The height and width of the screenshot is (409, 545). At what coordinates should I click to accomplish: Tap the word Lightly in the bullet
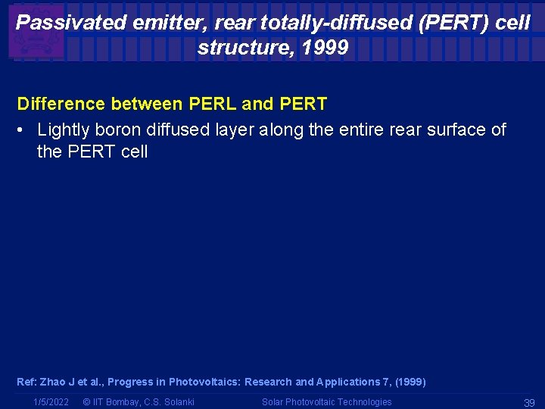[x=64, y=130]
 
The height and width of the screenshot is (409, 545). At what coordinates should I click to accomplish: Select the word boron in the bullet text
[x=118, y=130]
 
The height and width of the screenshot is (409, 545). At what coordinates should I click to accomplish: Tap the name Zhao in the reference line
[x=55, y=382]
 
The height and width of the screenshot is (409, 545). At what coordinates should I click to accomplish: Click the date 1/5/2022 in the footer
[x=51, y=402]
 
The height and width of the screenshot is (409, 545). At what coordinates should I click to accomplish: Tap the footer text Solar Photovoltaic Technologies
[x=327, y=402]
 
